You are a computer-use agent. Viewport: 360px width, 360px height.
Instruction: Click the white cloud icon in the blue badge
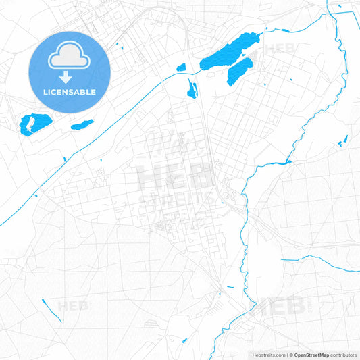click(x=70, y=58)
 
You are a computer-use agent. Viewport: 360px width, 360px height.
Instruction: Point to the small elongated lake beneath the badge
click(x=82, y=124)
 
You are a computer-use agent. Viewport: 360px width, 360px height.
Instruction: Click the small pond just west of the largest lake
click(x=180, y=67)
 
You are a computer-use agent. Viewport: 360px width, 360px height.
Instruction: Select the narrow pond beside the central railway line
click(x=192, y=88)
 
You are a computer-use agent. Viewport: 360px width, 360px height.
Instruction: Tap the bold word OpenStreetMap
click(x=311, y=355)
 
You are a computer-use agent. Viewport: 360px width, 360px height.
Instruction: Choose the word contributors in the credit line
click(x=344, y=355)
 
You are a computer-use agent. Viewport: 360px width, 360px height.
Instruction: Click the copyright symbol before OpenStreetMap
click(x=290, y=355)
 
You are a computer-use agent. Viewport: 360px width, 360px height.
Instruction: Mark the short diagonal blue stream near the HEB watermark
click(x=51, y=309)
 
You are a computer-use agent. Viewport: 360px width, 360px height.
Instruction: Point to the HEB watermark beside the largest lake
click(x=279, y=49)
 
